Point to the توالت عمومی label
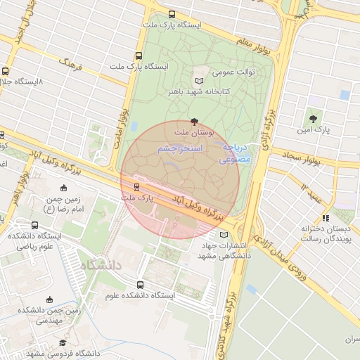pos(233,72)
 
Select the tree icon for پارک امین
pos(313,119)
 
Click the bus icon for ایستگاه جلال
pos(6,71)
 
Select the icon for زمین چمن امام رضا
pos(64,188)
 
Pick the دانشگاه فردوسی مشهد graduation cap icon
pos(63,343)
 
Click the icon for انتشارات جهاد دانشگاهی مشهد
pos(224,235)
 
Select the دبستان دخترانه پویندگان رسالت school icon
pos(325,219)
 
